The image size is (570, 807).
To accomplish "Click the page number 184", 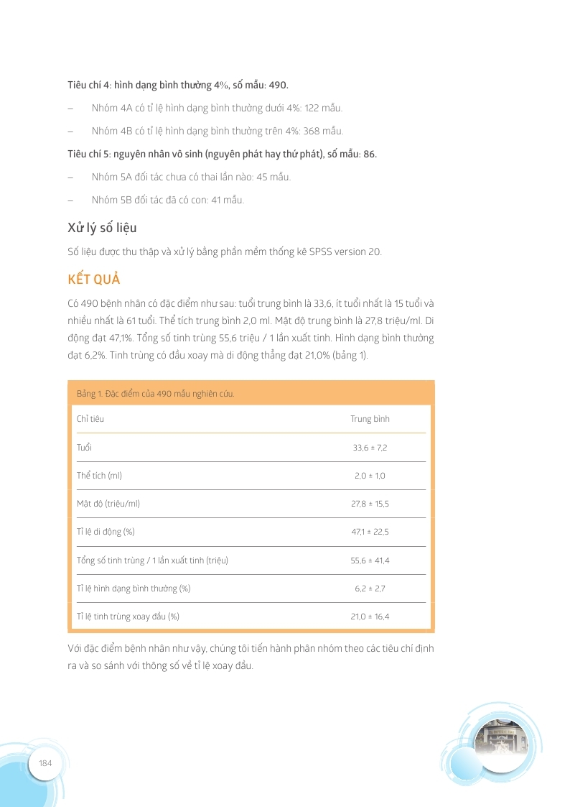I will click(x=46, y=762).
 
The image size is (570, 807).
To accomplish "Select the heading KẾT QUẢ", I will click(x=94, y=279).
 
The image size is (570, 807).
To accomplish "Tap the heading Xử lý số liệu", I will click(x=102, y=228).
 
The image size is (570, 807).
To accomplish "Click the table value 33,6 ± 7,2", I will click(x=370, y=448).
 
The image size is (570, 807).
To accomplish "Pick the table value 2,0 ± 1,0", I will click(x=370, y=476).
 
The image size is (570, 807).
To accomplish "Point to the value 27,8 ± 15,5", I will click(x=370, y=504).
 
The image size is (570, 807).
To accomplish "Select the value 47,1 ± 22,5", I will click(x=370, y=532).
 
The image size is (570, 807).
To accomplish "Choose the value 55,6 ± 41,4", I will click(x=370, y=560).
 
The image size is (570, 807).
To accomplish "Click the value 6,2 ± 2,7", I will click(x=370, y=589).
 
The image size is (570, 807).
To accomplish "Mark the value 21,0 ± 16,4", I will click(x=370, y=617).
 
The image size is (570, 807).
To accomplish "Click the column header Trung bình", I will click(x=370, y=419).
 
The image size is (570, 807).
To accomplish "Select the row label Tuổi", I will click(x=84, y=448).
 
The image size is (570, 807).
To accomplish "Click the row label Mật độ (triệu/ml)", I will click(x=108, y=504).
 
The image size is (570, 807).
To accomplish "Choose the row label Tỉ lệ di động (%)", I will click(x=106, y=532).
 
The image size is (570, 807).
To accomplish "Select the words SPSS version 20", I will click(x=345, y=252).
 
